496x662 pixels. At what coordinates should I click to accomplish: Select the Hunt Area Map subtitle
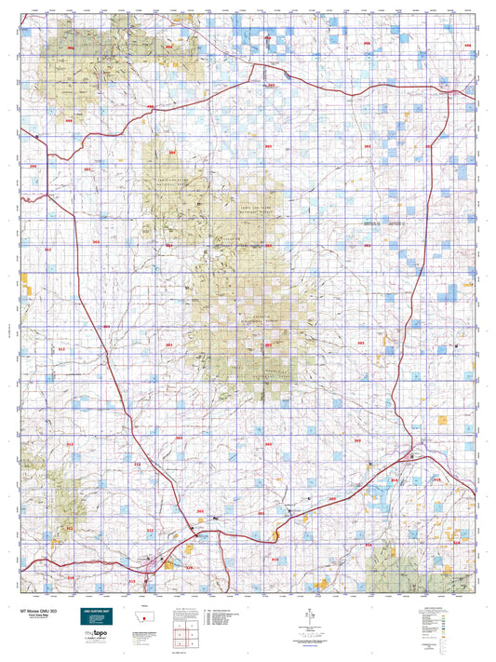point(35,615)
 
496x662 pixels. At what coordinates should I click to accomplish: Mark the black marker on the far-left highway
point(37,137)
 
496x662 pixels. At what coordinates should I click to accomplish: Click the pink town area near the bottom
point(154,563)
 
